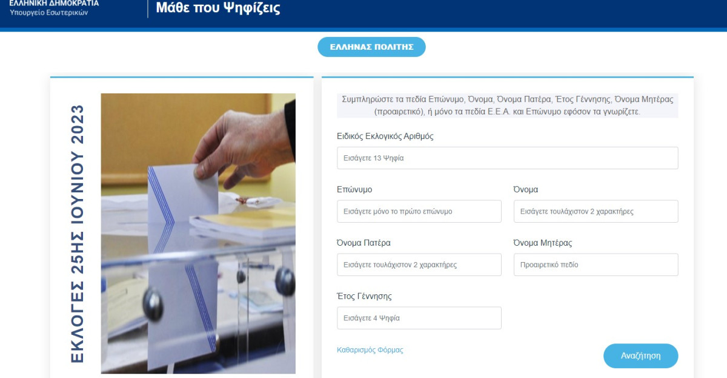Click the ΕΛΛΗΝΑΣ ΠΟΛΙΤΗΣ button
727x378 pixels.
tap(371, 47)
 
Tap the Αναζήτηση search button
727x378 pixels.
tap(640, 356)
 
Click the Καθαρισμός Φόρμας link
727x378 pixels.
tap(370, 349)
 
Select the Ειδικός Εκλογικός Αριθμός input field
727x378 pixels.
tap(507, 158)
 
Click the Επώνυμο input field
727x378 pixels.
tap(419, 211)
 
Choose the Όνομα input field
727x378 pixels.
tap(596, 211)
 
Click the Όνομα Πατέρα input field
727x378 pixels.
tap(419, 265)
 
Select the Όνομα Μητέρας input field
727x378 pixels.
tap(596, 265)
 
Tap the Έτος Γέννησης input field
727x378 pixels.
tap(419, 318)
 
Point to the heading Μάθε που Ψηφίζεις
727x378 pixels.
tap(217, 8)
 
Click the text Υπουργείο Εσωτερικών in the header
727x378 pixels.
tap(48, 12)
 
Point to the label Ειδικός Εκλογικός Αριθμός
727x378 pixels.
tap(385, 136)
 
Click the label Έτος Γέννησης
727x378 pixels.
tap(364, 296)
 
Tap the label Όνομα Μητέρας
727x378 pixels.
tap(542, 243)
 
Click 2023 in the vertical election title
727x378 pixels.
tap(78, 124)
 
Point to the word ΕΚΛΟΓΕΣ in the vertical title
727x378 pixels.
tap(78, 322)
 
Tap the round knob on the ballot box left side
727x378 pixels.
tap(153, 304)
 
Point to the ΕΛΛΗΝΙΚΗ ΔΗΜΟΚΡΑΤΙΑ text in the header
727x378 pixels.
tap(54, 3)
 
